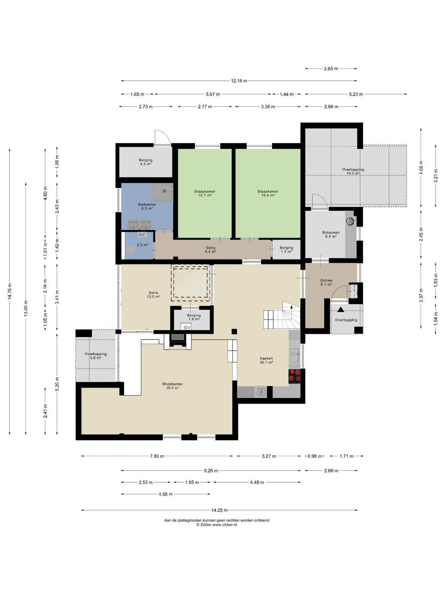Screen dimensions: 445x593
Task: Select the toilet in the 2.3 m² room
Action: [130, 250]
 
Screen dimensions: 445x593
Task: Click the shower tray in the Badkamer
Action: [162, 192]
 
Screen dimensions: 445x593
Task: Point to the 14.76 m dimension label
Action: [10, 291]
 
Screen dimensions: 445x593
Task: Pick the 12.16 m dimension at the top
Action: [239, 80]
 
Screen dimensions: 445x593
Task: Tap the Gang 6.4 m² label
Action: [211, 250]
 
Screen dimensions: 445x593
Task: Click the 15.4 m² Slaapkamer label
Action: [268, 193]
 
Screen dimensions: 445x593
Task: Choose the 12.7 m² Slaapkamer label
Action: [204, 193]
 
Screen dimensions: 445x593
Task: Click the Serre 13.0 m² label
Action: [153, 294]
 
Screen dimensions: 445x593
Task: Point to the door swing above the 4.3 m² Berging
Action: [162, 138]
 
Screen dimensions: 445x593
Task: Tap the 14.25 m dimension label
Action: [219, 510]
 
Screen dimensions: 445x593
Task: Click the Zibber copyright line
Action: [217, 524]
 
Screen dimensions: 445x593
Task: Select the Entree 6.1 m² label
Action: [326, 282]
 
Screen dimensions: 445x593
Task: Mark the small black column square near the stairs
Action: [234, 332]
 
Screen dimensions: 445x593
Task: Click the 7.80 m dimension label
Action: [157, 456]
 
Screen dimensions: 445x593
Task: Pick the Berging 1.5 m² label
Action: [286, 250]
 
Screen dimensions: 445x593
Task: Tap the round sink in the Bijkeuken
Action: [350, 221]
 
